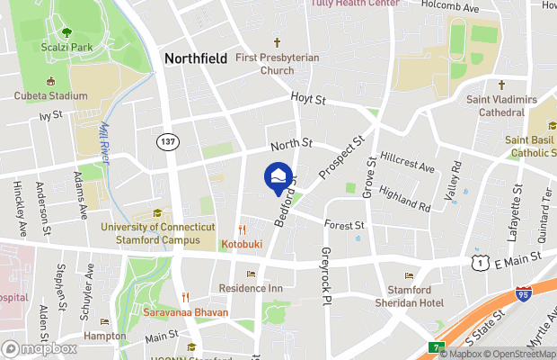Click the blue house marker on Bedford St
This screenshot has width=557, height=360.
point(278,176)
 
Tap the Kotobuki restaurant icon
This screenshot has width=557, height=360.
point(242,230)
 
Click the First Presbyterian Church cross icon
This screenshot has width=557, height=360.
point(278,42)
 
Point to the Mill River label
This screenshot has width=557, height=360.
point(110,139)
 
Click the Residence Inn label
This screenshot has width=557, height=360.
point(251,288)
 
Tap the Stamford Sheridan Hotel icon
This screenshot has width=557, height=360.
point(409,276)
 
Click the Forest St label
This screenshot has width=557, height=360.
point(345,225)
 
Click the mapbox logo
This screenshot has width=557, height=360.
point(40,348)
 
